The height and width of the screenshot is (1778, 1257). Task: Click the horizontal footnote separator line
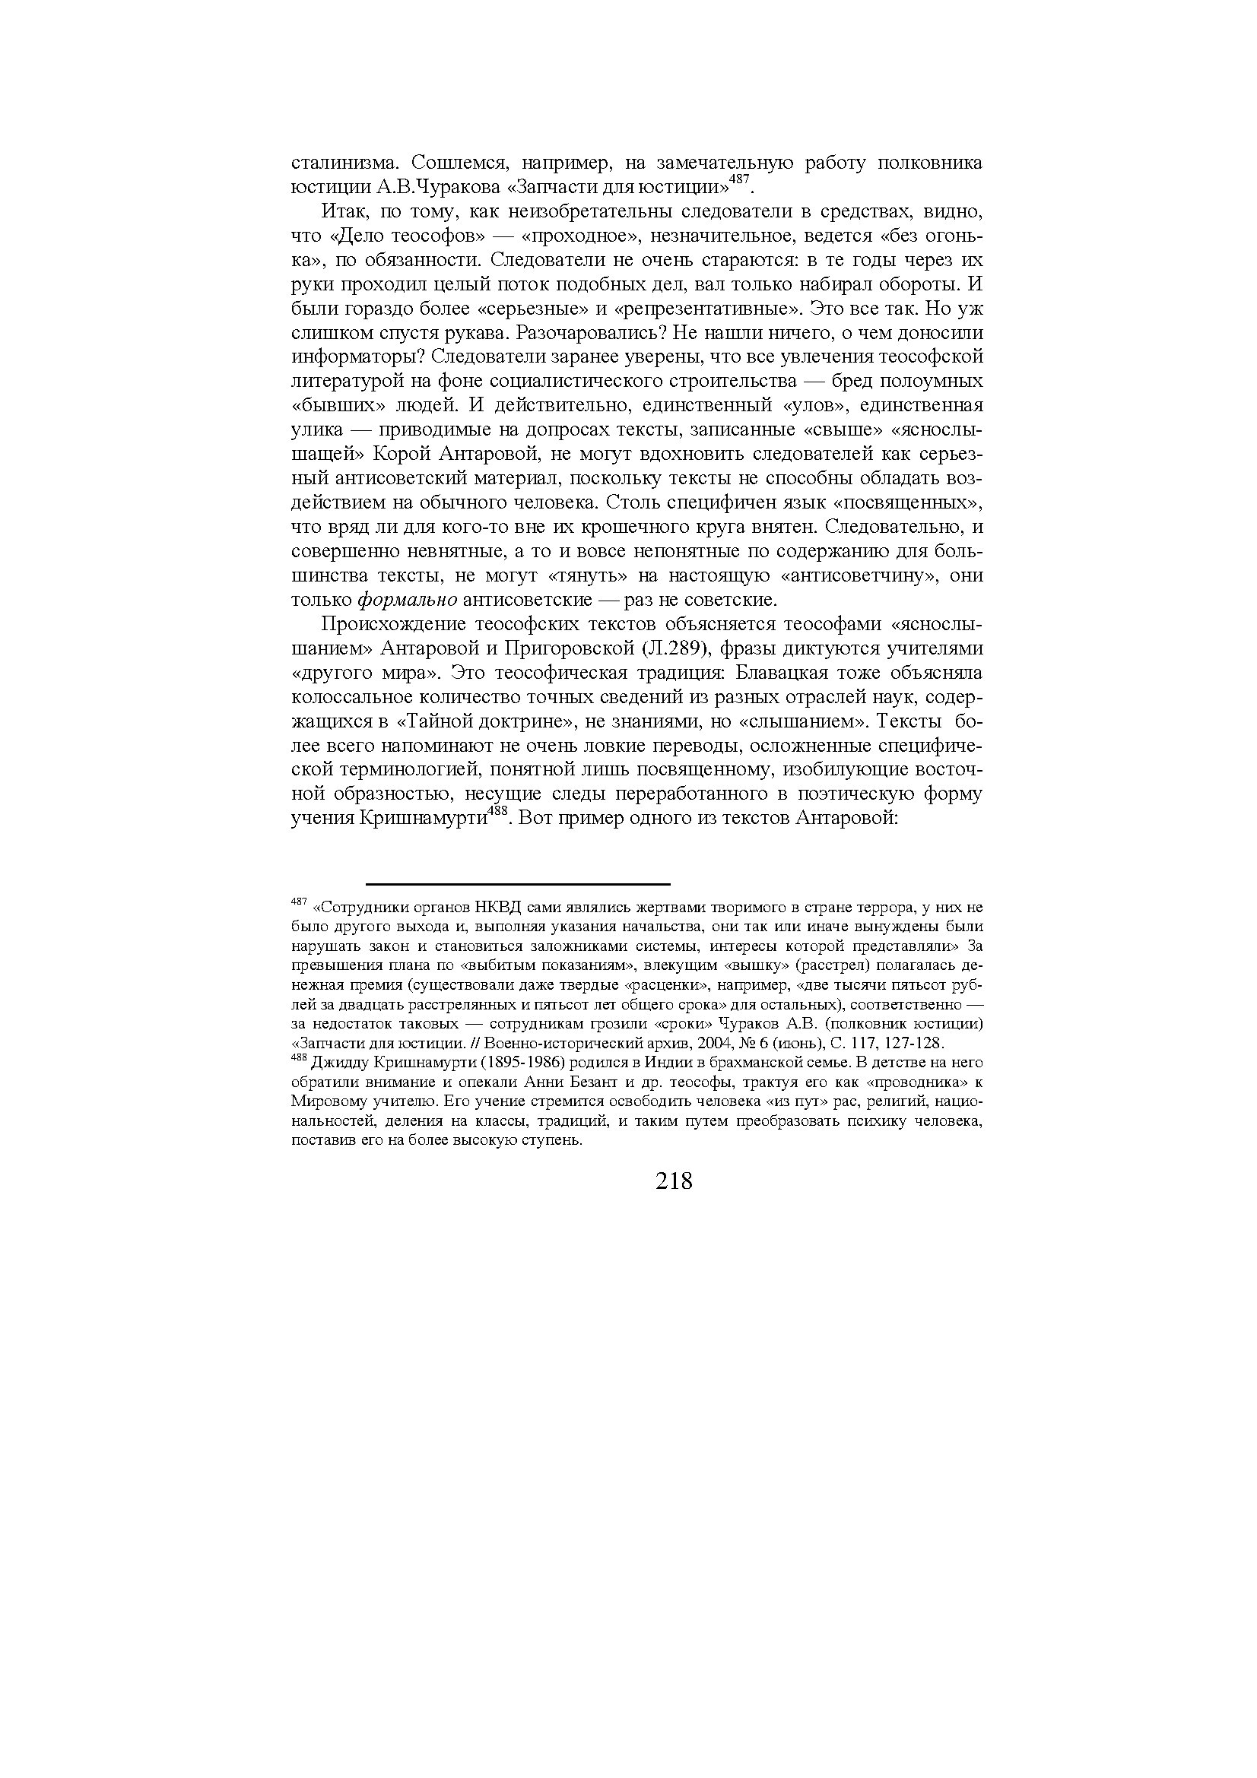click(x=517, y=883)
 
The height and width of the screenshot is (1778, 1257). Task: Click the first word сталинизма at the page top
click(x=345, y=163)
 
